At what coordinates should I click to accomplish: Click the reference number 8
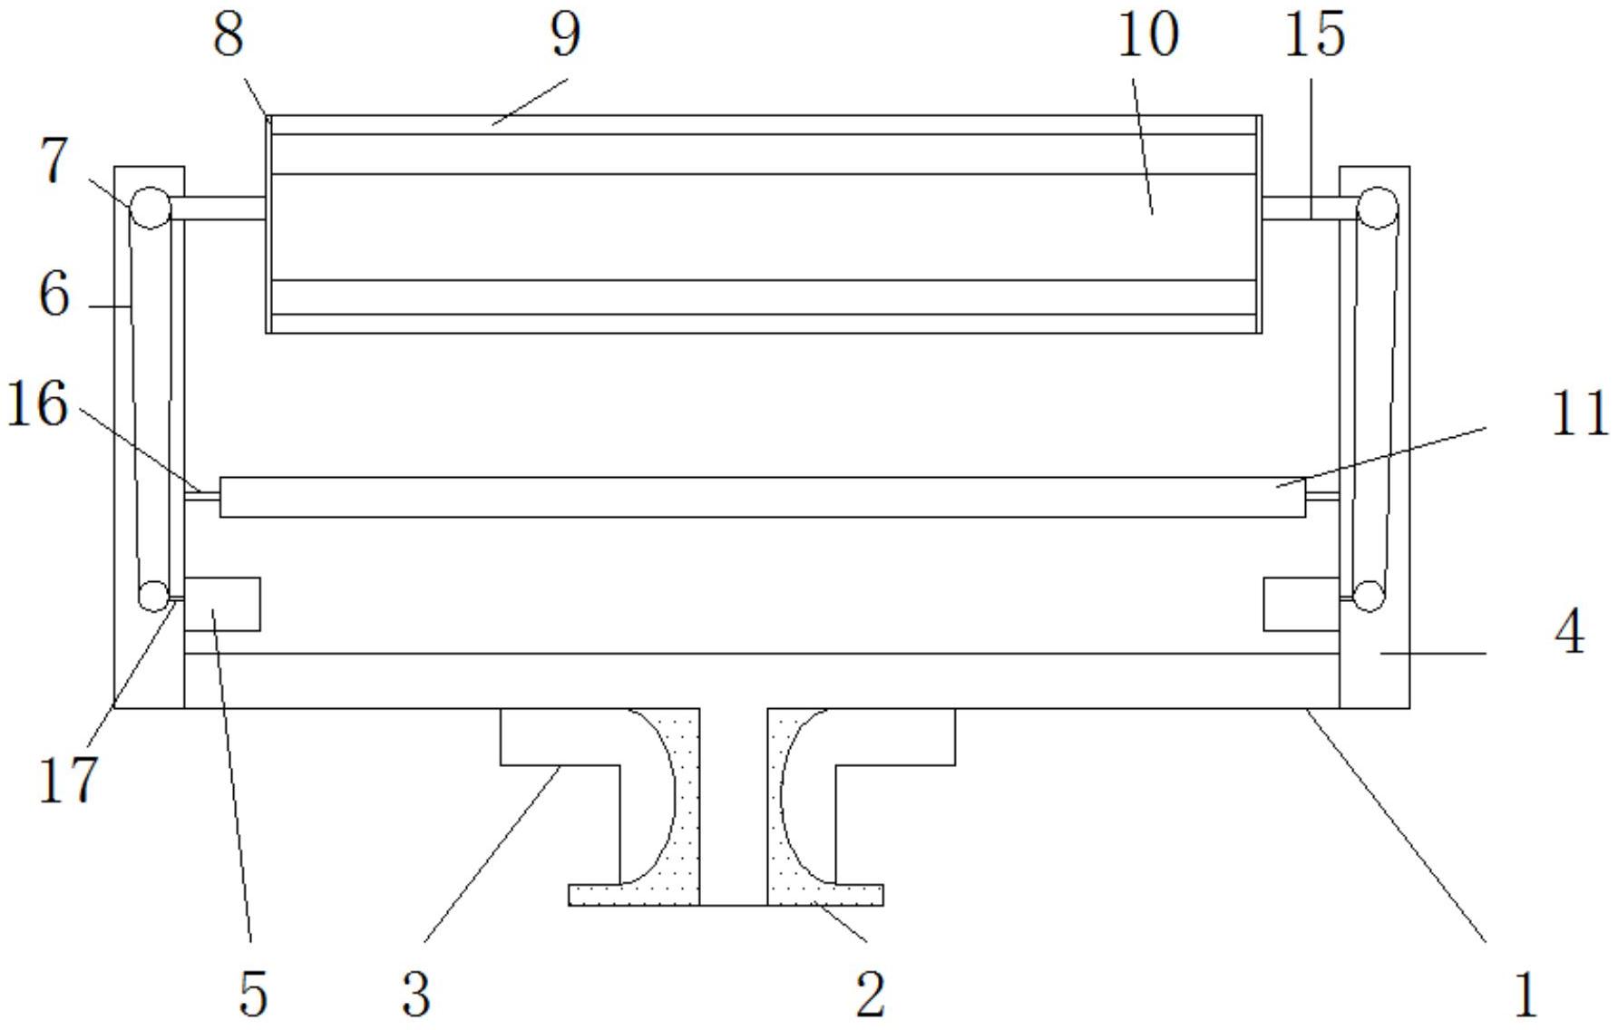click(229, 35)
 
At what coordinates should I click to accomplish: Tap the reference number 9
click(565, 35)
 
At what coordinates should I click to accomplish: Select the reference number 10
click(1147, 35)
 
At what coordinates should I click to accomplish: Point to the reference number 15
click(1315, 35)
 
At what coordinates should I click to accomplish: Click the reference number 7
click(55, 162)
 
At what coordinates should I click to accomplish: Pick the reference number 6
click(54, 294)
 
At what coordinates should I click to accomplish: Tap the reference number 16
click(37, 404)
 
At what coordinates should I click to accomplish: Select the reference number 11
click(1579, 414)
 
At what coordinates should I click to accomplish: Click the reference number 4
click(1570, 632)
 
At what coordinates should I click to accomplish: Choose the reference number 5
click(253, 994)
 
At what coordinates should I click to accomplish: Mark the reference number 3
click(415, 994)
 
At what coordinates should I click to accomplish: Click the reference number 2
click(870, 994)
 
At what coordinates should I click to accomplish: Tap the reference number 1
click(1525, 994)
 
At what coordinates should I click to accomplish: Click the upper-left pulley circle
click(151, 209)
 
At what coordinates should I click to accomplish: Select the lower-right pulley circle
click(1369, 596)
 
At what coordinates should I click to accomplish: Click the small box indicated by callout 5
click(222, 604)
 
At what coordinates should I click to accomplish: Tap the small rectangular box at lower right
click(1301, 604)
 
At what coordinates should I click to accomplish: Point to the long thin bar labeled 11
click(763, 498)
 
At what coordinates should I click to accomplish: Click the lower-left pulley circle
click(153, 596)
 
